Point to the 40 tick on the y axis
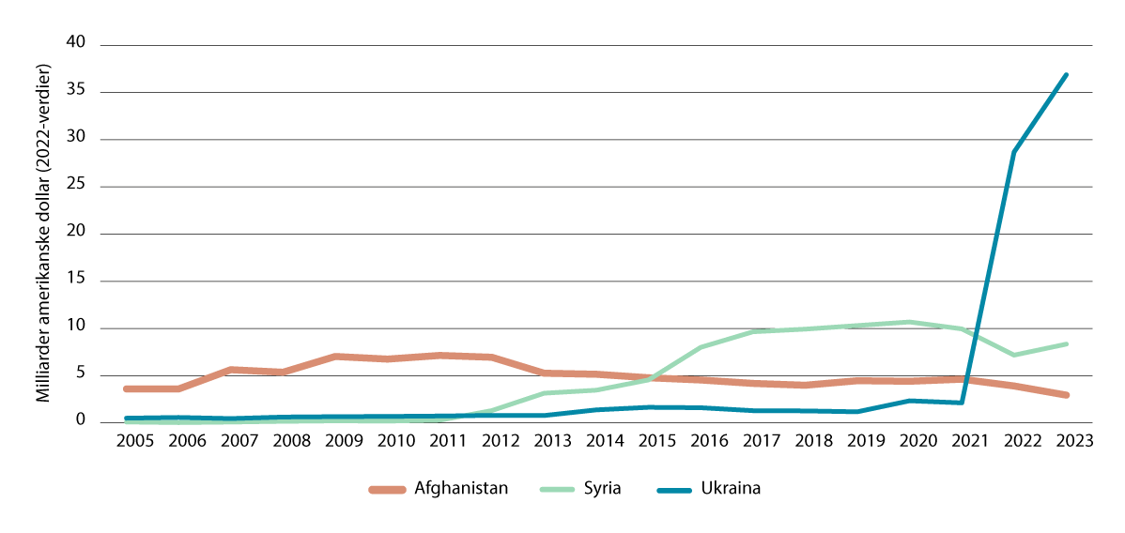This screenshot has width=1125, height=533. (75, 43)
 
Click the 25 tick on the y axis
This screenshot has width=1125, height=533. (75, 186)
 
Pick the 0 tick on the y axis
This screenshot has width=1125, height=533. (80, 421)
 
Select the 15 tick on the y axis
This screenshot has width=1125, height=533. (75, 281)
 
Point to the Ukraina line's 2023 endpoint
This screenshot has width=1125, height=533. (1067, 74)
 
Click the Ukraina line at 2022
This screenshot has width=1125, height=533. (1014, 152)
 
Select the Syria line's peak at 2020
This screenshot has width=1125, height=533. (910, 322)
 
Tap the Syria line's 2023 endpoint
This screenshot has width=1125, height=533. (1067, 343)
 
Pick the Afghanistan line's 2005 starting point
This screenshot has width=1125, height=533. (127, 388)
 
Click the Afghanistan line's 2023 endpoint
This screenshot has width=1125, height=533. (1067, 395)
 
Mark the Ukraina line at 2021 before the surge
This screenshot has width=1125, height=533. (962, 403)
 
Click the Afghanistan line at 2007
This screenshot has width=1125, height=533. (231, 370)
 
